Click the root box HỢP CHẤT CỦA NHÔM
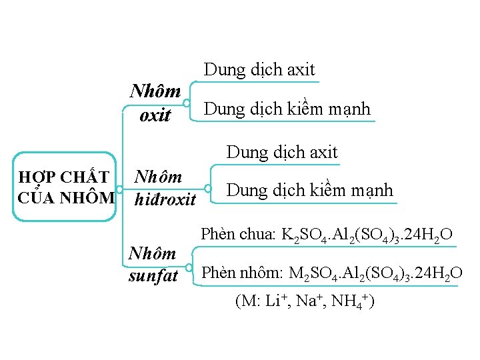[65, 187]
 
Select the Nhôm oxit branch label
[155, 102]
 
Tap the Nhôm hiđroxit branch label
[165, 188]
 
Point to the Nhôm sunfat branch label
[153, 264]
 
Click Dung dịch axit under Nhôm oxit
[259, 69]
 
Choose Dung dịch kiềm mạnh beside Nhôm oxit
[287, 109]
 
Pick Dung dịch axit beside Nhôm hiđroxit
[282, 152]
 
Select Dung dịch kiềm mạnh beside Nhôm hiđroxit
[310, 190]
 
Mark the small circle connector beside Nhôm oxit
[189, 103]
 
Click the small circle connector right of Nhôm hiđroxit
[209, 189]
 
